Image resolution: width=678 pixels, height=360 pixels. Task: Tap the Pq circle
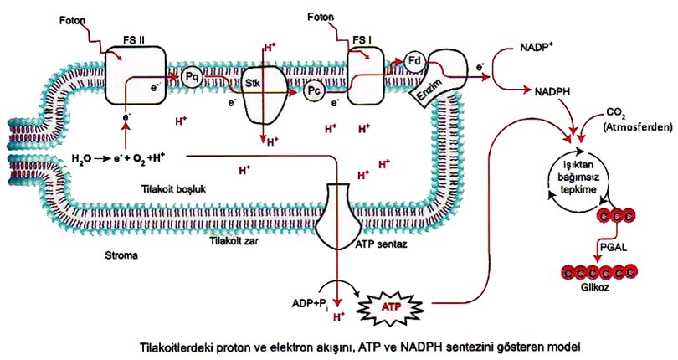pyautogui.click(x=191, y=78)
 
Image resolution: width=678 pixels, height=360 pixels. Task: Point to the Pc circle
pyautogui.click(x=314, y=91)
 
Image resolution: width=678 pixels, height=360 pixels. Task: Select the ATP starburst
pyautogui.click(x=391, y=307)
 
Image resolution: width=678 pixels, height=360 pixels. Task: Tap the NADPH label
pyautogui.click(x=552, y=91)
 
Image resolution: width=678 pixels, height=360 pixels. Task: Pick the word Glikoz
pyautogui.click(x=595, y=287)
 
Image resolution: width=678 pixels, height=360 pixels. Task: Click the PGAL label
pyautogui.click(x=614, y=248)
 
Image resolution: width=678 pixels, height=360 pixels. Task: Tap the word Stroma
pyautogui.click(x=121, y=255)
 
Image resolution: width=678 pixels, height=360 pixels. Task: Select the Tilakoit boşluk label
pyautogui.click(x=173, y=189)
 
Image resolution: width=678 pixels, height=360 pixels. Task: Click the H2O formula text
pyautogui.click(x=81, y=159)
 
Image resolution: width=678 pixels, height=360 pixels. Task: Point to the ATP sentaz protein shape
pyautogui.click(x=338, y=216)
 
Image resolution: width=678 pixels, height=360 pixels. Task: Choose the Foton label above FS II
pyautogui.click(x=72, y=20)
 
